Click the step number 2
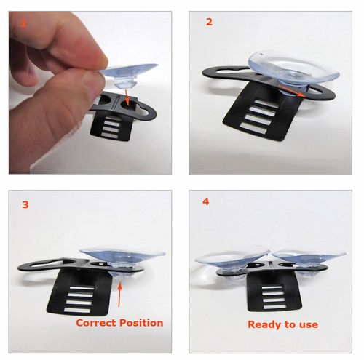pyautogui.click(x=209, y=22)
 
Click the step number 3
pyautogui.click(x=25, y=205)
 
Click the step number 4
pyautogui.click(x=206, y=201)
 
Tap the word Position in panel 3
pyautogui.click(x=142, y=322)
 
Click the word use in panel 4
pyautogui.click(x=308, y=324)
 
